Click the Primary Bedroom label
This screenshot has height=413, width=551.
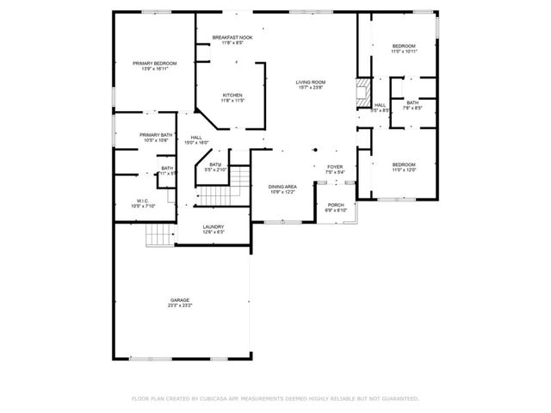155,64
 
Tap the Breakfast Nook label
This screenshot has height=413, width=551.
232,38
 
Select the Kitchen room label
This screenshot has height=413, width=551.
232,95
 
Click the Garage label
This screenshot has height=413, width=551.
179,299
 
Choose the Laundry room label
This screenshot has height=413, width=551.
213,227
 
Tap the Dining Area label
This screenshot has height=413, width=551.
282,186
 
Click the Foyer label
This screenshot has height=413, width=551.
335,167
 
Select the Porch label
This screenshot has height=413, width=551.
335,205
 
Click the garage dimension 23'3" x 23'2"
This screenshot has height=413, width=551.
179,305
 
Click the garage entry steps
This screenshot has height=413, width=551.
158,233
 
